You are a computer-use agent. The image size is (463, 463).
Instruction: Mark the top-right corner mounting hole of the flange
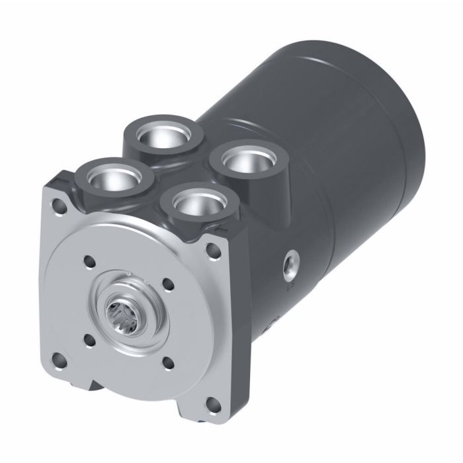tap(212, 250)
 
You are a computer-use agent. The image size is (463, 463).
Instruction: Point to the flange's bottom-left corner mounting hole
tap(60, 360)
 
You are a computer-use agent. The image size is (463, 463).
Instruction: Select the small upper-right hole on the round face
tap(167, 285)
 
